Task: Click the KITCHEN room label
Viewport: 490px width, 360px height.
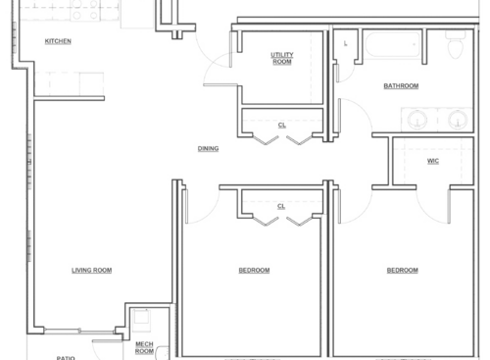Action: tap(57, 41)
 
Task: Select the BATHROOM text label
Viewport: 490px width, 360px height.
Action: tap(401, 86)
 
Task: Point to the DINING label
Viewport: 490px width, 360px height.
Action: tap(208, 149)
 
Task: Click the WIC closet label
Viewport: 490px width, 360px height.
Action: tap(432, 162)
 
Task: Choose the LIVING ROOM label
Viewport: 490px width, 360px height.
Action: tap(91, 271)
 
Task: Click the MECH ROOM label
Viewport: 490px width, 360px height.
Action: tap(144, 347)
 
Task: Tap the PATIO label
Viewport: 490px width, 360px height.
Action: tap(66, 357)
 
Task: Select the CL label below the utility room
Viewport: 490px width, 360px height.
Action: tap(281, 125)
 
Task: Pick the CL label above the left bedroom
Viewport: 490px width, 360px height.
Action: tap(281, 207)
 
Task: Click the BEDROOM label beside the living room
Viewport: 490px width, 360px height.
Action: tap(254, 271)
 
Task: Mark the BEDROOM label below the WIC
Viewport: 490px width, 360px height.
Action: tap(402, 271)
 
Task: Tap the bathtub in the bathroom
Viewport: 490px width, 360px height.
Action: tap(391, 46)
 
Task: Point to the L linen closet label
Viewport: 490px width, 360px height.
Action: tap(346, 43)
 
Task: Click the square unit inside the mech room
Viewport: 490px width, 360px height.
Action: tap(140, 320)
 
